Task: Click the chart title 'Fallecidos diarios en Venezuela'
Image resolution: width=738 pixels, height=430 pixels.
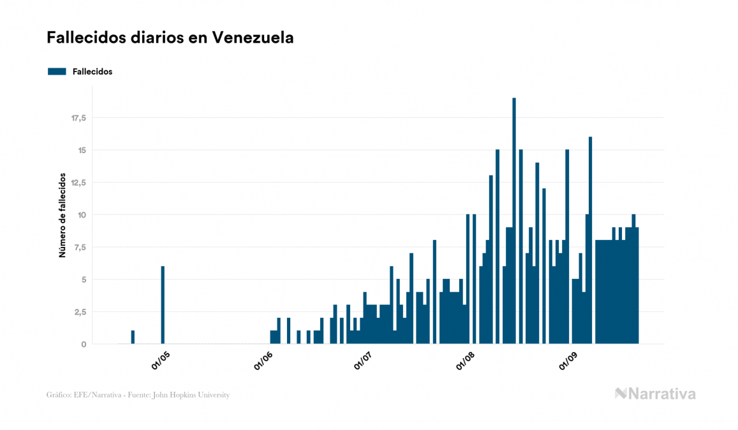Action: pos(170,38)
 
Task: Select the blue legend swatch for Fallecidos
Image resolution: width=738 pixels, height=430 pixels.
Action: pos(57,71)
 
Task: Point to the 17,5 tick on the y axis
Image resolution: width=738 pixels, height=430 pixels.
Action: pos(79,118)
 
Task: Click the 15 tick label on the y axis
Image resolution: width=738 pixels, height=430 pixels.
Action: pos(82,151)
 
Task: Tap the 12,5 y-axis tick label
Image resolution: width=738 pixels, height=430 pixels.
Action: pos(79,183)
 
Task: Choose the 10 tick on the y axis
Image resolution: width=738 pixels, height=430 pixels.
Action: pos(82,215)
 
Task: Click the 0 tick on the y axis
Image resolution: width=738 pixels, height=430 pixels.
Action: pos(84,345)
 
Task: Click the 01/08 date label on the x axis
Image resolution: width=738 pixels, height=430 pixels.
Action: pos(468,360)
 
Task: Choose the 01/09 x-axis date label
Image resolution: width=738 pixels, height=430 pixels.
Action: pos(570,360)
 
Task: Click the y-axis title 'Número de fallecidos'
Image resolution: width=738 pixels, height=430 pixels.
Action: pos(63,214)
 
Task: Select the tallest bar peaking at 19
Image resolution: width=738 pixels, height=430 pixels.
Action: pos(514,221)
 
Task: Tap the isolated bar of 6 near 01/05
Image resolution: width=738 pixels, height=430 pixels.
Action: pos(163,305)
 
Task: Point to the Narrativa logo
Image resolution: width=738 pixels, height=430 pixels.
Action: pos(655,394)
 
